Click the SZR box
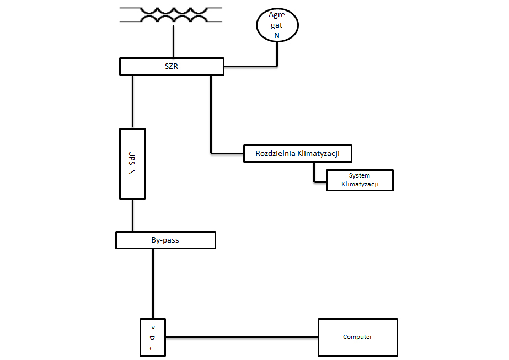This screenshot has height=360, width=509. (x=172, y=67)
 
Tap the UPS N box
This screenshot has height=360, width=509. (x=132, y=163)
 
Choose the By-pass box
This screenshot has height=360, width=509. (x=165, y=240)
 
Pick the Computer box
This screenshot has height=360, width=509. (x=357, y=337)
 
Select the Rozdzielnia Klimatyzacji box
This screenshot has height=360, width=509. (x=298, y=153)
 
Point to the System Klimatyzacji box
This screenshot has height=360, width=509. (x=360, y=180)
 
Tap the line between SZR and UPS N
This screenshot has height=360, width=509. (x=132, y=101)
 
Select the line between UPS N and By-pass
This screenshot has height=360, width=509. (x=132, y=215)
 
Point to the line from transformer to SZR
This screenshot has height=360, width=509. (x=173, y=41)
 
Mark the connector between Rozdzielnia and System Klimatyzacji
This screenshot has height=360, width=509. (x=314, y=174)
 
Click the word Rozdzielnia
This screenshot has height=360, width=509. (x=275, y=153)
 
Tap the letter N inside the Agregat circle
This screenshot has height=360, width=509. (x=277, y=35)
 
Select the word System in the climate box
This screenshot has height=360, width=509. (x=360, y=175)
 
